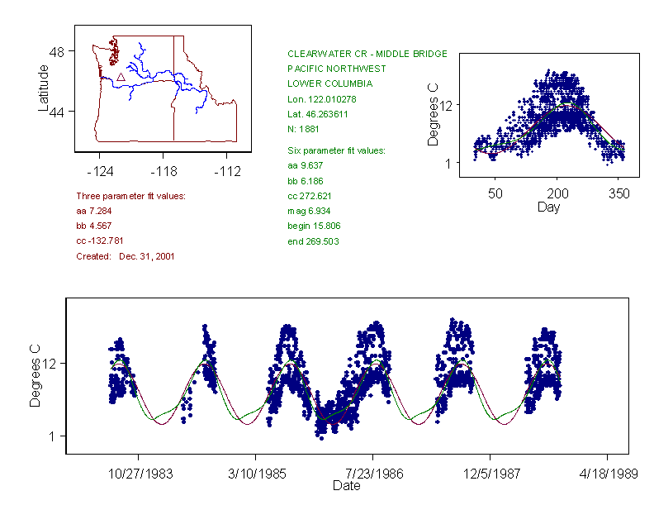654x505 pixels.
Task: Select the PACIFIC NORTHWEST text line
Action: point(336,69)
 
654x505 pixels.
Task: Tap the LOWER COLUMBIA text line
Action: point(329,83)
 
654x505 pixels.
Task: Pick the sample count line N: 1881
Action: point(304,129)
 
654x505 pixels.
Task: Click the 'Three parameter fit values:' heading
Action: point(130,196)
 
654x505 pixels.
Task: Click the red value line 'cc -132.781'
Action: point(100,241)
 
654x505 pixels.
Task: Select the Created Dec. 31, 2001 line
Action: point(125,256)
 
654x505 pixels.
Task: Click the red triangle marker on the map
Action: point(121,77)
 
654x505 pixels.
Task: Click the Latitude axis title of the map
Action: point(44,88)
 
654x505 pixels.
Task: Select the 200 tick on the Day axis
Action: point(557,193)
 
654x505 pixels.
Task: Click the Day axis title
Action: point(548,207)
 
